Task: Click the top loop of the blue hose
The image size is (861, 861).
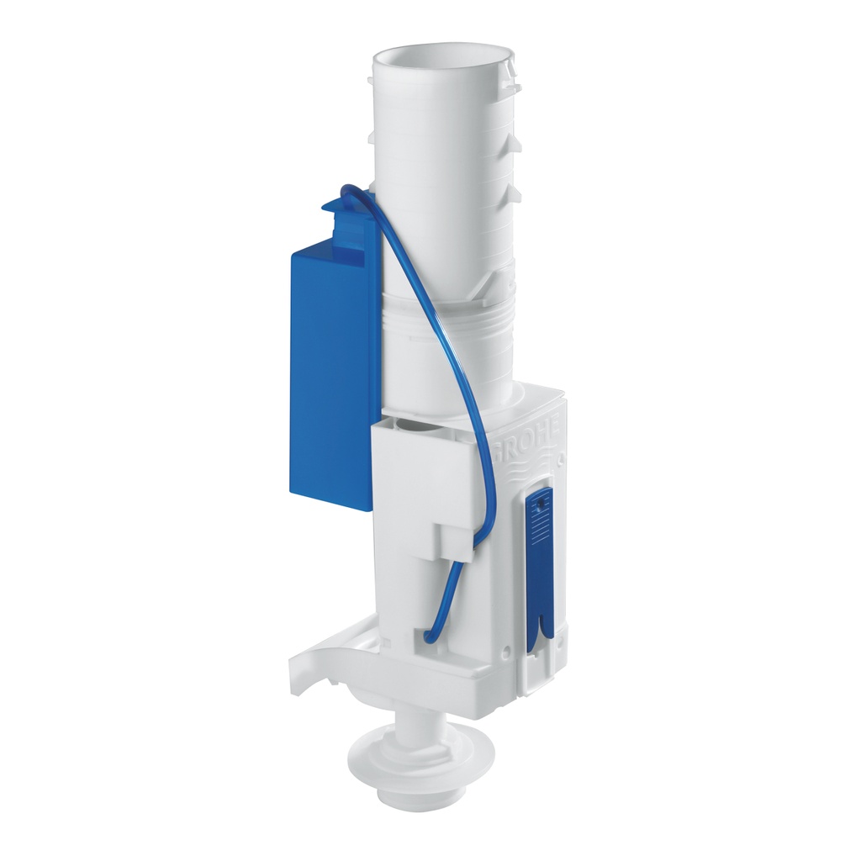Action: coord(353,193)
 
